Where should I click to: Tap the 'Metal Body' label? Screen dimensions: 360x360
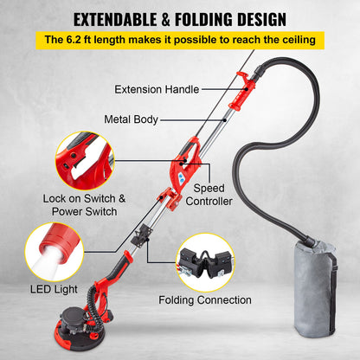pos(131,119)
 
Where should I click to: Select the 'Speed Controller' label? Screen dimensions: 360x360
pos(212,195)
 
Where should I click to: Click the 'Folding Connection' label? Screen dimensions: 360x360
pos(206,300)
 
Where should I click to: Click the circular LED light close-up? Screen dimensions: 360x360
pos(53,257)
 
